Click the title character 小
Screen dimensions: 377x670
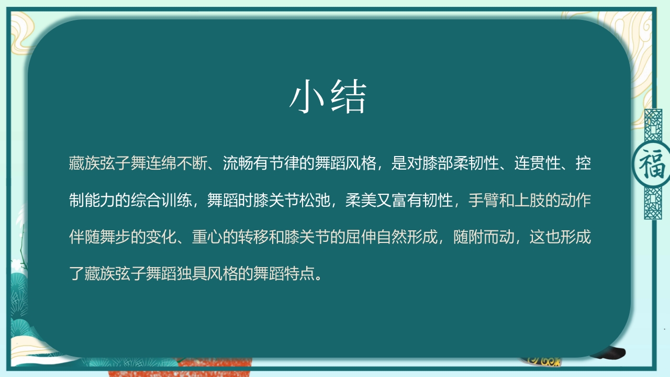point(309,98)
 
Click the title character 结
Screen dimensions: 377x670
point(348,98)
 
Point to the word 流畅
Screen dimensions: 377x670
point(238,164)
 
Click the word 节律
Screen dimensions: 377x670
point(284,164)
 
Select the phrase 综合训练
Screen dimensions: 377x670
point(161,201)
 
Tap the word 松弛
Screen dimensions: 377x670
point(315,201)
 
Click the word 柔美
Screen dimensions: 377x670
point(361,201)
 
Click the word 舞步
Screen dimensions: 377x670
point(115,237)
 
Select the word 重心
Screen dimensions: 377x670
point(207,237)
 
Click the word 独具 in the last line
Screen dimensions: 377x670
point(192,273)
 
